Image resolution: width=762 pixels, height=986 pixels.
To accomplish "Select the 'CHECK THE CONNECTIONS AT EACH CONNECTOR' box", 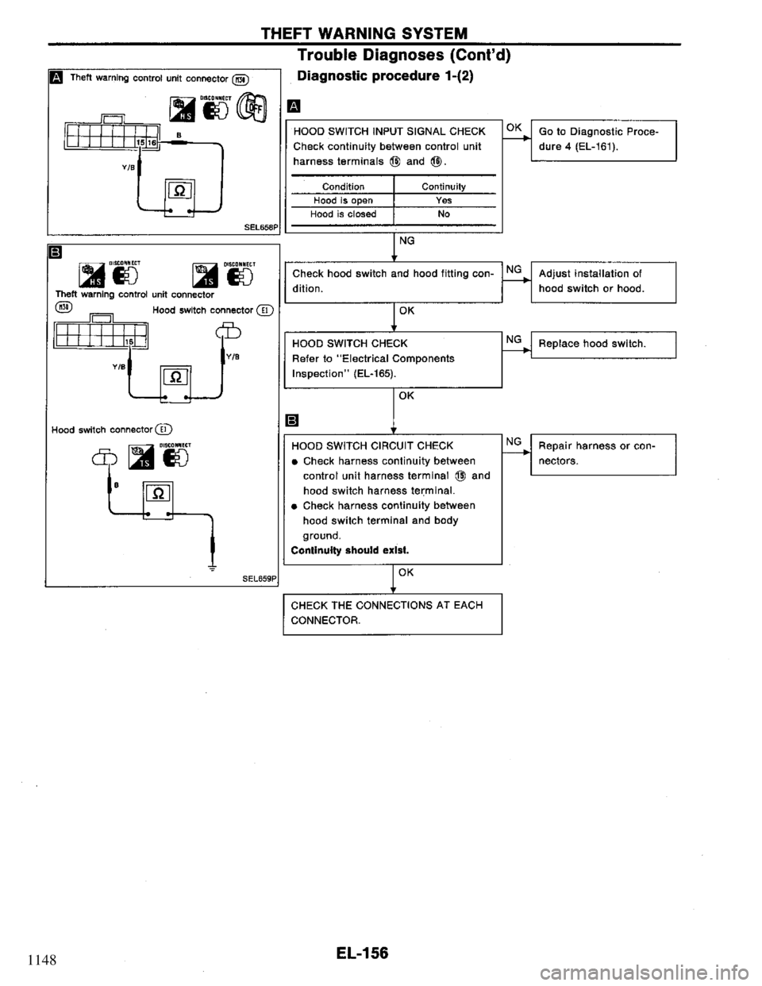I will click(392, 613).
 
